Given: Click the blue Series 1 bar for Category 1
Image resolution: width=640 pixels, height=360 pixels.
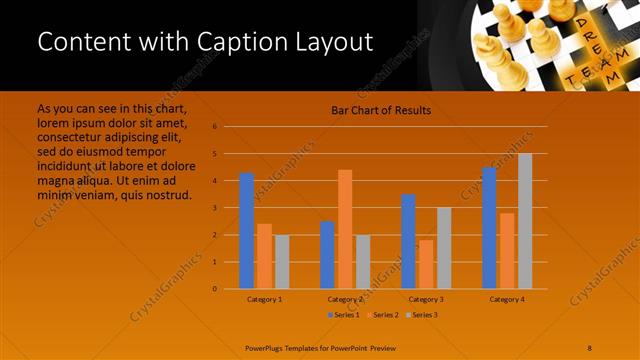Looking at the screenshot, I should point(247,231).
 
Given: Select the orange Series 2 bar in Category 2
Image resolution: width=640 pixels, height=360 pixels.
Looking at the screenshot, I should point(345,229).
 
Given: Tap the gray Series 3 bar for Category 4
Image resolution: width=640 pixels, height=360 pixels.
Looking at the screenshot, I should point(525,221).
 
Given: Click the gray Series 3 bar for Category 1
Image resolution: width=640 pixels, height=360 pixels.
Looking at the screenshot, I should point(282,262).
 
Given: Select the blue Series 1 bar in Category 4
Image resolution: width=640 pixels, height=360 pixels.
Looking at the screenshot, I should point(489,228).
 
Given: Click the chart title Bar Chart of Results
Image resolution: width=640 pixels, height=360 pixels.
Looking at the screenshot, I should point(381,110).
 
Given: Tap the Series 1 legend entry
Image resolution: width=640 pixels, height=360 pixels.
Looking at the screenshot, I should point(344,315).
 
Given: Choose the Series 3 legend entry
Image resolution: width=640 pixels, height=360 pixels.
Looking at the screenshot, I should point(421,315).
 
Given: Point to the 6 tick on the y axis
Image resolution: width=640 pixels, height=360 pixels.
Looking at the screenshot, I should point(214,127).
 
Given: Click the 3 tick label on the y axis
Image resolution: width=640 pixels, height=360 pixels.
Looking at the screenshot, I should point(214,208).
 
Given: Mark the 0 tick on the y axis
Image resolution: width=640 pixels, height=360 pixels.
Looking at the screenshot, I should point(214,289).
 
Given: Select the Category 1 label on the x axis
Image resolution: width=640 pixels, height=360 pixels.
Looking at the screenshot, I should point(264,299).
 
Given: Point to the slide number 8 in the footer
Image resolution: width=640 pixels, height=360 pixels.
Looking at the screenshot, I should point(590,347).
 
